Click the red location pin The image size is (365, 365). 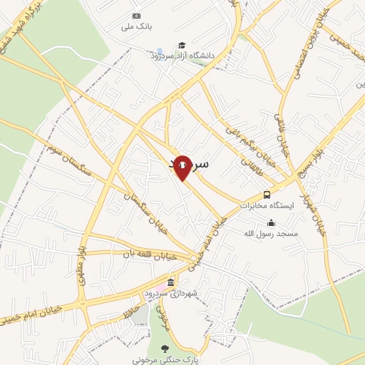pos(182,166)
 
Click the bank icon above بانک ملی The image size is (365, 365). pos(137,16)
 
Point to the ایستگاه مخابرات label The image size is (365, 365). pos(267,205)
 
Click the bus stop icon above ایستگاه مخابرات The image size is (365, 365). pos(267,194)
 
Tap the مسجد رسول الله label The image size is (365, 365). pos(271,233)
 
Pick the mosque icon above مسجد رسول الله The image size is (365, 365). pos(270,222)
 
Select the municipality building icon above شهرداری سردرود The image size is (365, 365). pos(170,283)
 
